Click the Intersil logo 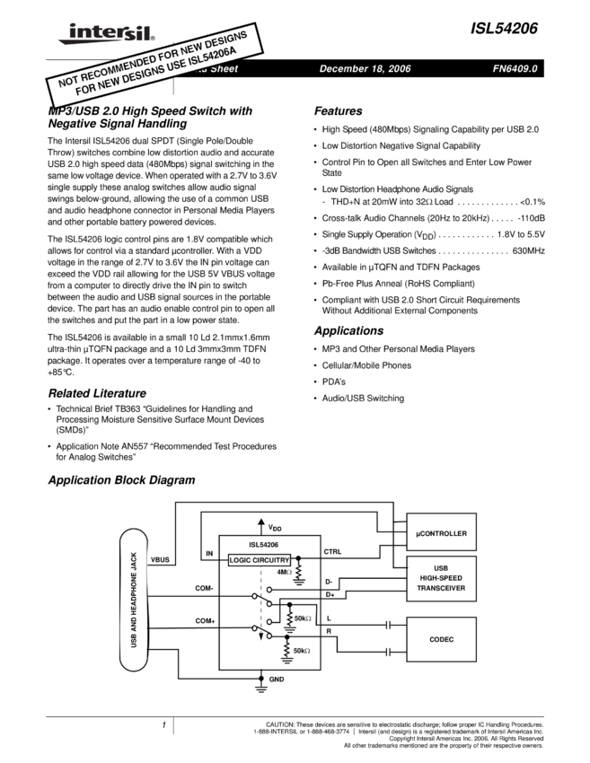103,33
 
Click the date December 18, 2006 365,69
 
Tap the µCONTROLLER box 442,532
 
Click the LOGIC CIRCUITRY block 260,559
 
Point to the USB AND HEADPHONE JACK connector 134,601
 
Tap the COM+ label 205,621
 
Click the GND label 277,680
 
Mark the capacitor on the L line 388,626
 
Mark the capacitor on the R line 388,653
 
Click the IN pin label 209,554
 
